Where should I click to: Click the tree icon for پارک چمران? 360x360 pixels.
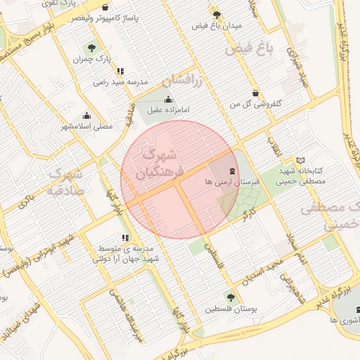(91, 48)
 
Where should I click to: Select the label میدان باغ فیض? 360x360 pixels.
(217, 25)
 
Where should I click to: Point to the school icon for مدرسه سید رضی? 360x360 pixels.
(121, 71)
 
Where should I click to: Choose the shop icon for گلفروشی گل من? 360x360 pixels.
(255, 92)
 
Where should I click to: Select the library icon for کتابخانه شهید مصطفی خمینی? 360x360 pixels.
(301, 160)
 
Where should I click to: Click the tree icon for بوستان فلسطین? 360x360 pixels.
(230, 297)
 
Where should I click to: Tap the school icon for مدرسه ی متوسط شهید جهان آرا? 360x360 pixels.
(125, 238)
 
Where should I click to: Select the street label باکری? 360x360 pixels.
(26, 200)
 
